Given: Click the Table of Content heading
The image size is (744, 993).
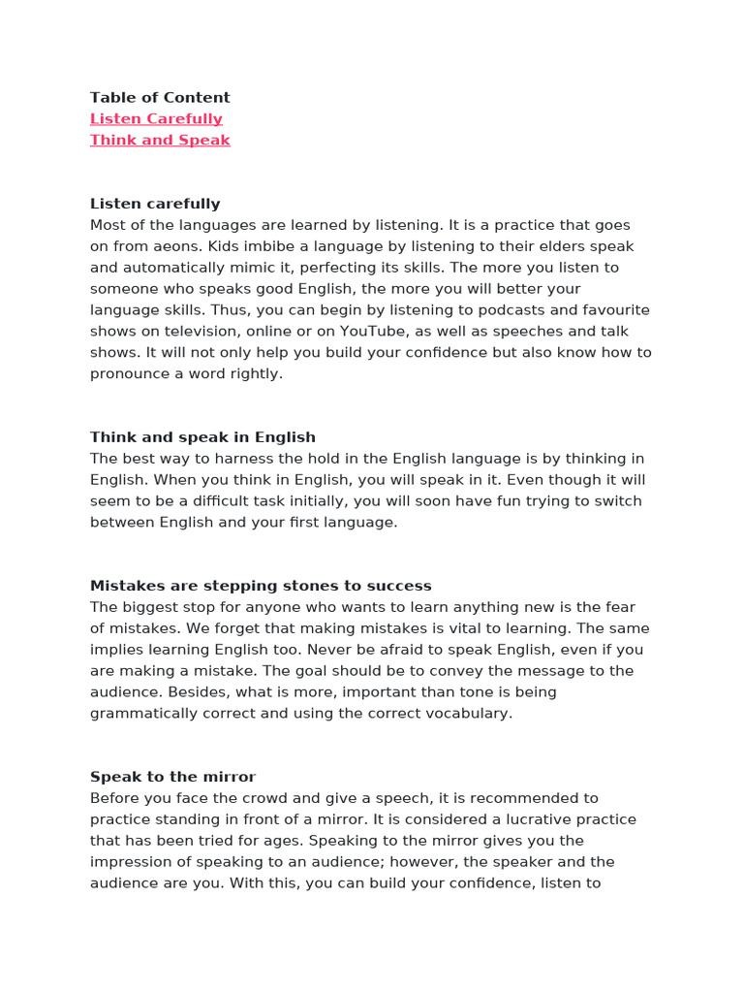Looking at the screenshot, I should (160, 98).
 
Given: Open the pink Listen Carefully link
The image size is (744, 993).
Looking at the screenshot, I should (156, 119).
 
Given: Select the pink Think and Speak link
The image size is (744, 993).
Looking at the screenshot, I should (160, 141).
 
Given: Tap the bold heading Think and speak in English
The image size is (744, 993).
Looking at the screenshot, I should (202, 437).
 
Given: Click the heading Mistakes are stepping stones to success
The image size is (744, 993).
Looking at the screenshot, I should (261, 587).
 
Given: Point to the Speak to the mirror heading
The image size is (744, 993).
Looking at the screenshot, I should (172, 778).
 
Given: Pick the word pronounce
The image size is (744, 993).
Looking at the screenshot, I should (136, 374).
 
